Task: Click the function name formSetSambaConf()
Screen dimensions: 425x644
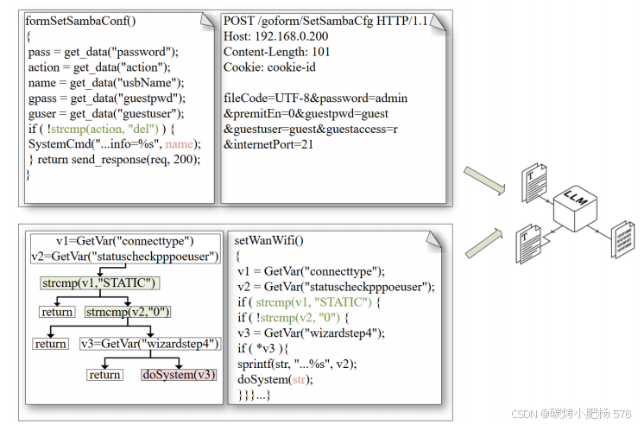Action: coord(79,21)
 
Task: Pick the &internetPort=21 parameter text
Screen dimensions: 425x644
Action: coord(268,145)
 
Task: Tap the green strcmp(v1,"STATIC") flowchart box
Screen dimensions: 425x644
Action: coord(100,282)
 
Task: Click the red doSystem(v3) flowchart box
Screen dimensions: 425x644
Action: coord(179,375)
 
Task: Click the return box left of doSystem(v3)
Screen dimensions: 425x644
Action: coord(104,375)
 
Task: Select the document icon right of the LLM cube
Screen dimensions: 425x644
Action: coord(622,235)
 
